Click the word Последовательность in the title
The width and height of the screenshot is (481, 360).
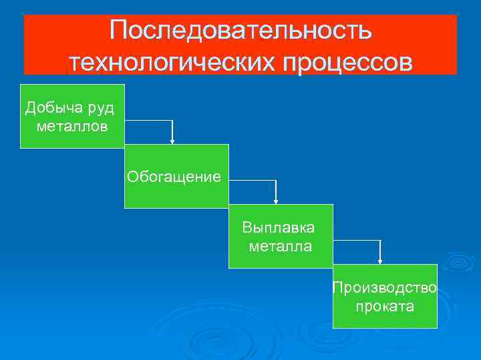[x=240, y=31]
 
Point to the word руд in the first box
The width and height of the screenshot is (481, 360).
[x=100, y=108]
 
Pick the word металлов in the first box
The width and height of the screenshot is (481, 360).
[x=72, y=126]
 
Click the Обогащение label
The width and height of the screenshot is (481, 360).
[x=176, y=177]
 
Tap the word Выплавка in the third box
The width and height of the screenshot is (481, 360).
[x=279, y=229]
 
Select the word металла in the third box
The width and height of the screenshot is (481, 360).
[x=280, y=247]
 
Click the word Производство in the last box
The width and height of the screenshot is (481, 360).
[x=385, y=288]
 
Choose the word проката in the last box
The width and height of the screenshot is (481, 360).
[x=385, y=307]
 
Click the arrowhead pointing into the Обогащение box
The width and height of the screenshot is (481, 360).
[x=173, y=141]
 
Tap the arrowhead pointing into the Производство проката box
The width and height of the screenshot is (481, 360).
[x=381, y=261]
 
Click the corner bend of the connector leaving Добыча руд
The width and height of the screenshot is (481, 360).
[x=173, y=121]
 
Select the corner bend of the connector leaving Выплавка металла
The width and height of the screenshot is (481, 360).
[x=381, y=241]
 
